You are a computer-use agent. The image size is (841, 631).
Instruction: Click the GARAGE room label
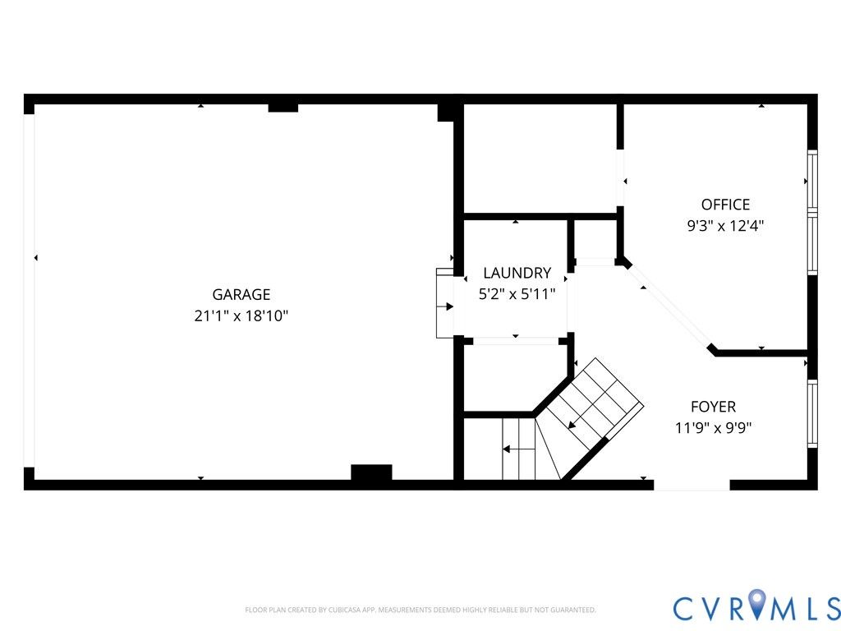pos(241,295)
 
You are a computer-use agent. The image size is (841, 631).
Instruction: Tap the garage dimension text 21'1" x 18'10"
pos(241,315)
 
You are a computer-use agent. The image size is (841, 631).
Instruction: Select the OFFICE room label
pos(725,205)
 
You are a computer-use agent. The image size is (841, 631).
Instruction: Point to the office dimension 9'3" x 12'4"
pos(725,225)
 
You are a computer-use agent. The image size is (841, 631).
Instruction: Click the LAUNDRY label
pos(517,273)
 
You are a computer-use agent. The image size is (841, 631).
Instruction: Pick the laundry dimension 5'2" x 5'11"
pos(517,294)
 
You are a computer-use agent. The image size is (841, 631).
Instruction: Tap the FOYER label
pos(714,407)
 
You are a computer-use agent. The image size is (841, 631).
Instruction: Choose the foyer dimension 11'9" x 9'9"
pos(714,427)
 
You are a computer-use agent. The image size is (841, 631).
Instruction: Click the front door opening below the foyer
pos(692,485)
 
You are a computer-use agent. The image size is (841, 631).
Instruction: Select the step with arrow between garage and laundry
pos(445,303)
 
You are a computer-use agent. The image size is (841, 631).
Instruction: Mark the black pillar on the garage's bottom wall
pos(371,472)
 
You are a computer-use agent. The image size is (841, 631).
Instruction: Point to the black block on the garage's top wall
pos(283,108)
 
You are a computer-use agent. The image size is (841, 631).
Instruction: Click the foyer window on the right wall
pos(812,413)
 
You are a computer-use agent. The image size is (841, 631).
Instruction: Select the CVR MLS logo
pos(756,608)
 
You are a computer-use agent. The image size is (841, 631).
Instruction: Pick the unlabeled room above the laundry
pos(540,159)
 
